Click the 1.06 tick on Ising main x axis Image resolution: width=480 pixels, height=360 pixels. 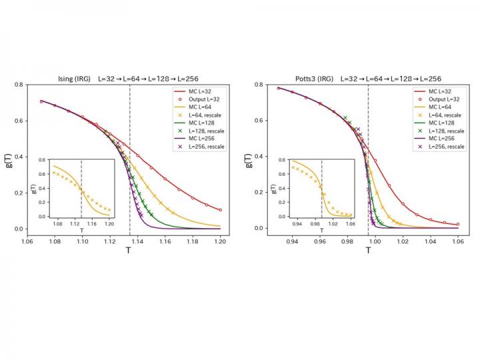(x=27, y=242)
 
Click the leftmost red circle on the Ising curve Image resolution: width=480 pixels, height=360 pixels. (x=41, y=101)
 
